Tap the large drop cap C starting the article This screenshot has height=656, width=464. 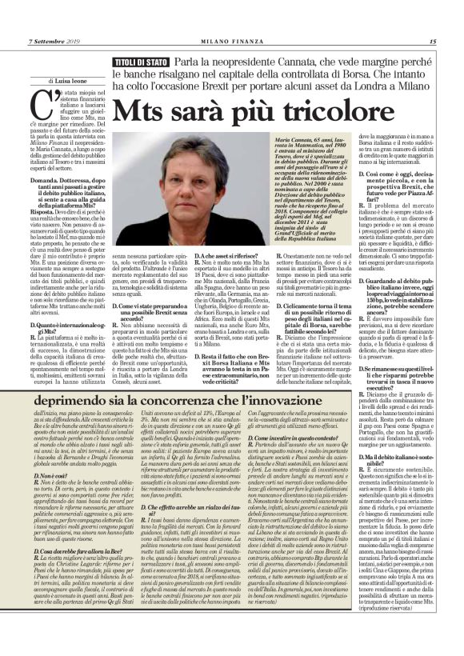(38, 104)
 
